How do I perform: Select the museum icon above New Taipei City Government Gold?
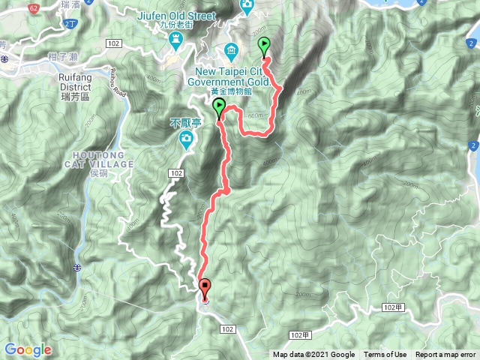tap(229, 51)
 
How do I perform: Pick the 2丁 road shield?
tap(70, 25)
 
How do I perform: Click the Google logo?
tap(28, 349)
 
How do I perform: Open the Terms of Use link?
tap(385, 355)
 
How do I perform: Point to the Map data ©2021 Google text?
tap(313, 355)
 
